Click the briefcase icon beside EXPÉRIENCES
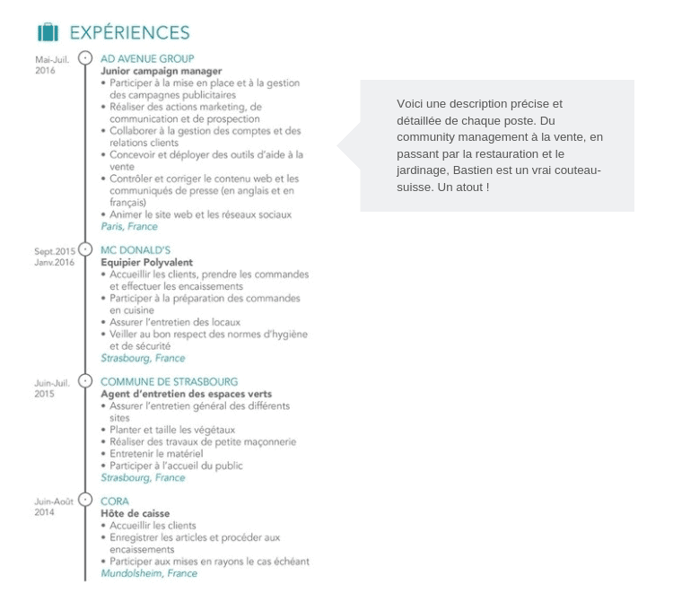[48, 32]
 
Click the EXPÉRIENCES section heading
[129, 32]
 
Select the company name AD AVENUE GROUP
[147, 59]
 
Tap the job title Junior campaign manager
[162, 71]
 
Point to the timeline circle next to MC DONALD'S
[85, 249]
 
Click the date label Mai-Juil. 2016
[52, 65]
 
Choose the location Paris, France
[129, 226]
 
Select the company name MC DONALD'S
[135, 250]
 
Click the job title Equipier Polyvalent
[147, 262]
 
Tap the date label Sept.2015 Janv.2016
[55, 257]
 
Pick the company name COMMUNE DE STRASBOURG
[169, 382]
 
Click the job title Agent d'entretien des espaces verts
[187, 394]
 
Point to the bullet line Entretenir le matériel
[156, 453]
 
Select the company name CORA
[115, 501]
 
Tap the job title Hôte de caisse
[135, 513]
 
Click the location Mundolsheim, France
[149, 573]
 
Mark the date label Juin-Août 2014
[54, 507]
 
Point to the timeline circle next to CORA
[85, 500]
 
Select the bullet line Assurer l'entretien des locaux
[175, 322]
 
